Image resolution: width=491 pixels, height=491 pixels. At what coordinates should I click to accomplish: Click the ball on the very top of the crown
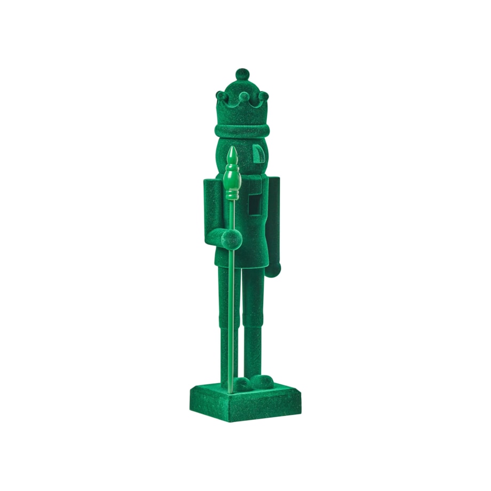coord(242,74)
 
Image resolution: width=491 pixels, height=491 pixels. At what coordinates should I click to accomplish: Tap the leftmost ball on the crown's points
coord(220,96)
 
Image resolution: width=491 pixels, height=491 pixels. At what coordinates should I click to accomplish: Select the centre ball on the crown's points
coord(243,97)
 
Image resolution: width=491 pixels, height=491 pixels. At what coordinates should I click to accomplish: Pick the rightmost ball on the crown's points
coord(263,96)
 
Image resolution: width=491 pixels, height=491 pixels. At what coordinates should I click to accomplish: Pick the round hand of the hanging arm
coord(273,270)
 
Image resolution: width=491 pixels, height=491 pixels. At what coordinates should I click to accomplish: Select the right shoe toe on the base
coord(262,381)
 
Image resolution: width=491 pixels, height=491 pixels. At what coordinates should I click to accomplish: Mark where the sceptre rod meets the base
coord(231,392)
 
